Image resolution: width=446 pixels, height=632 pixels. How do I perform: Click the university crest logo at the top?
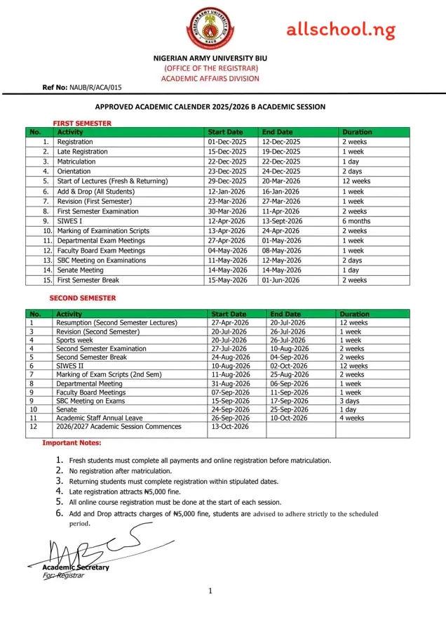tap(210, 28)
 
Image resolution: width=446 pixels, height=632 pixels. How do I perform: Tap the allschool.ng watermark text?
tap(340, 30)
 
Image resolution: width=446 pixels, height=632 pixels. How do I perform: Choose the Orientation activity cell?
tap(74, 171)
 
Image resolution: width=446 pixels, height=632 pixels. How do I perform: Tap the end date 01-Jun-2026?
tap(281, 279)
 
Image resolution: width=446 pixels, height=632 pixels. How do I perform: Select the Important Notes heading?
tap(72, 443)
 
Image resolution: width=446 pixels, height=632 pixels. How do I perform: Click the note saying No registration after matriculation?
tap(120, 470)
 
